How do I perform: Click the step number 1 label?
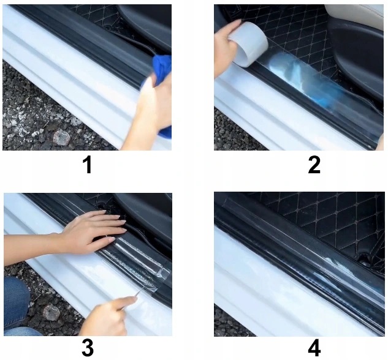tap(88, 165)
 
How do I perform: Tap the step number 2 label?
tap(314, 165)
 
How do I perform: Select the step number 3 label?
tap(88, 348)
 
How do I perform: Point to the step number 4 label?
tap(314, 348)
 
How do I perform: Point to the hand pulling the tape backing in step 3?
tap(109, 317)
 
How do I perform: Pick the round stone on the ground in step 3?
tap(51, 313)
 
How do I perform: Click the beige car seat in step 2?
tap(356, 15)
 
